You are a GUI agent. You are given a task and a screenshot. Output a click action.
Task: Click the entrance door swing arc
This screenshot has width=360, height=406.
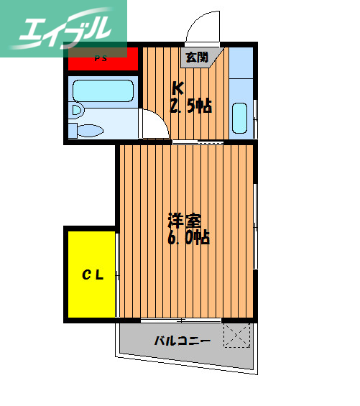pyautogui.click(x=200, y=27)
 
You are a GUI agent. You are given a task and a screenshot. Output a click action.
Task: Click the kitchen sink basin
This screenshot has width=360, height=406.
pyautogui.click(x=241, y=116)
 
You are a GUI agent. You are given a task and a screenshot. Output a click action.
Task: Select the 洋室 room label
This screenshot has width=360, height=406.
pyautogui.click(x=186, y=219)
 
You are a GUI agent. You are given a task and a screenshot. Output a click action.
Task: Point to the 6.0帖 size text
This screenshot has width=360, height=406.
pyautogui.click(x=188, y=237)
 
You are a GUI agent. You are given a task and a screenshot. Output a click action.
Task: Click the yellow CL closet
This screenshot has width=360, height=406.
pyautogui.click(x=91, y=273)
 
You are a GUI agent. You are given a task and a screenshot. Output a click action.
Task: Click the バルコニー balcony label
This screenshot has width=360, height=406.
pyautogui.click(x=183, y=341)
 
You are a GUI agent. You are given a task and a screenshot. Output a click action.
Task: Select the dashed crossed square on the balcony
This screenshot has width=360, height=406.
pyautogui.click(x=236, y=335)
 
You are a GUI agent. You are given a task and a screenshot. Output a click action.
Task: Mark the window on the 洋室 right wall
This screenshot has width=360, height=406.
pyautogui.click(x=257, y=223)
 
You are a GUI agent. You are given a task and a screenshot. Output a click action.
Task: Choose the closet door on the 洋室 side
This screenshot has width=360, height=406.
pyautogui.click(x=117, y=273)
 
